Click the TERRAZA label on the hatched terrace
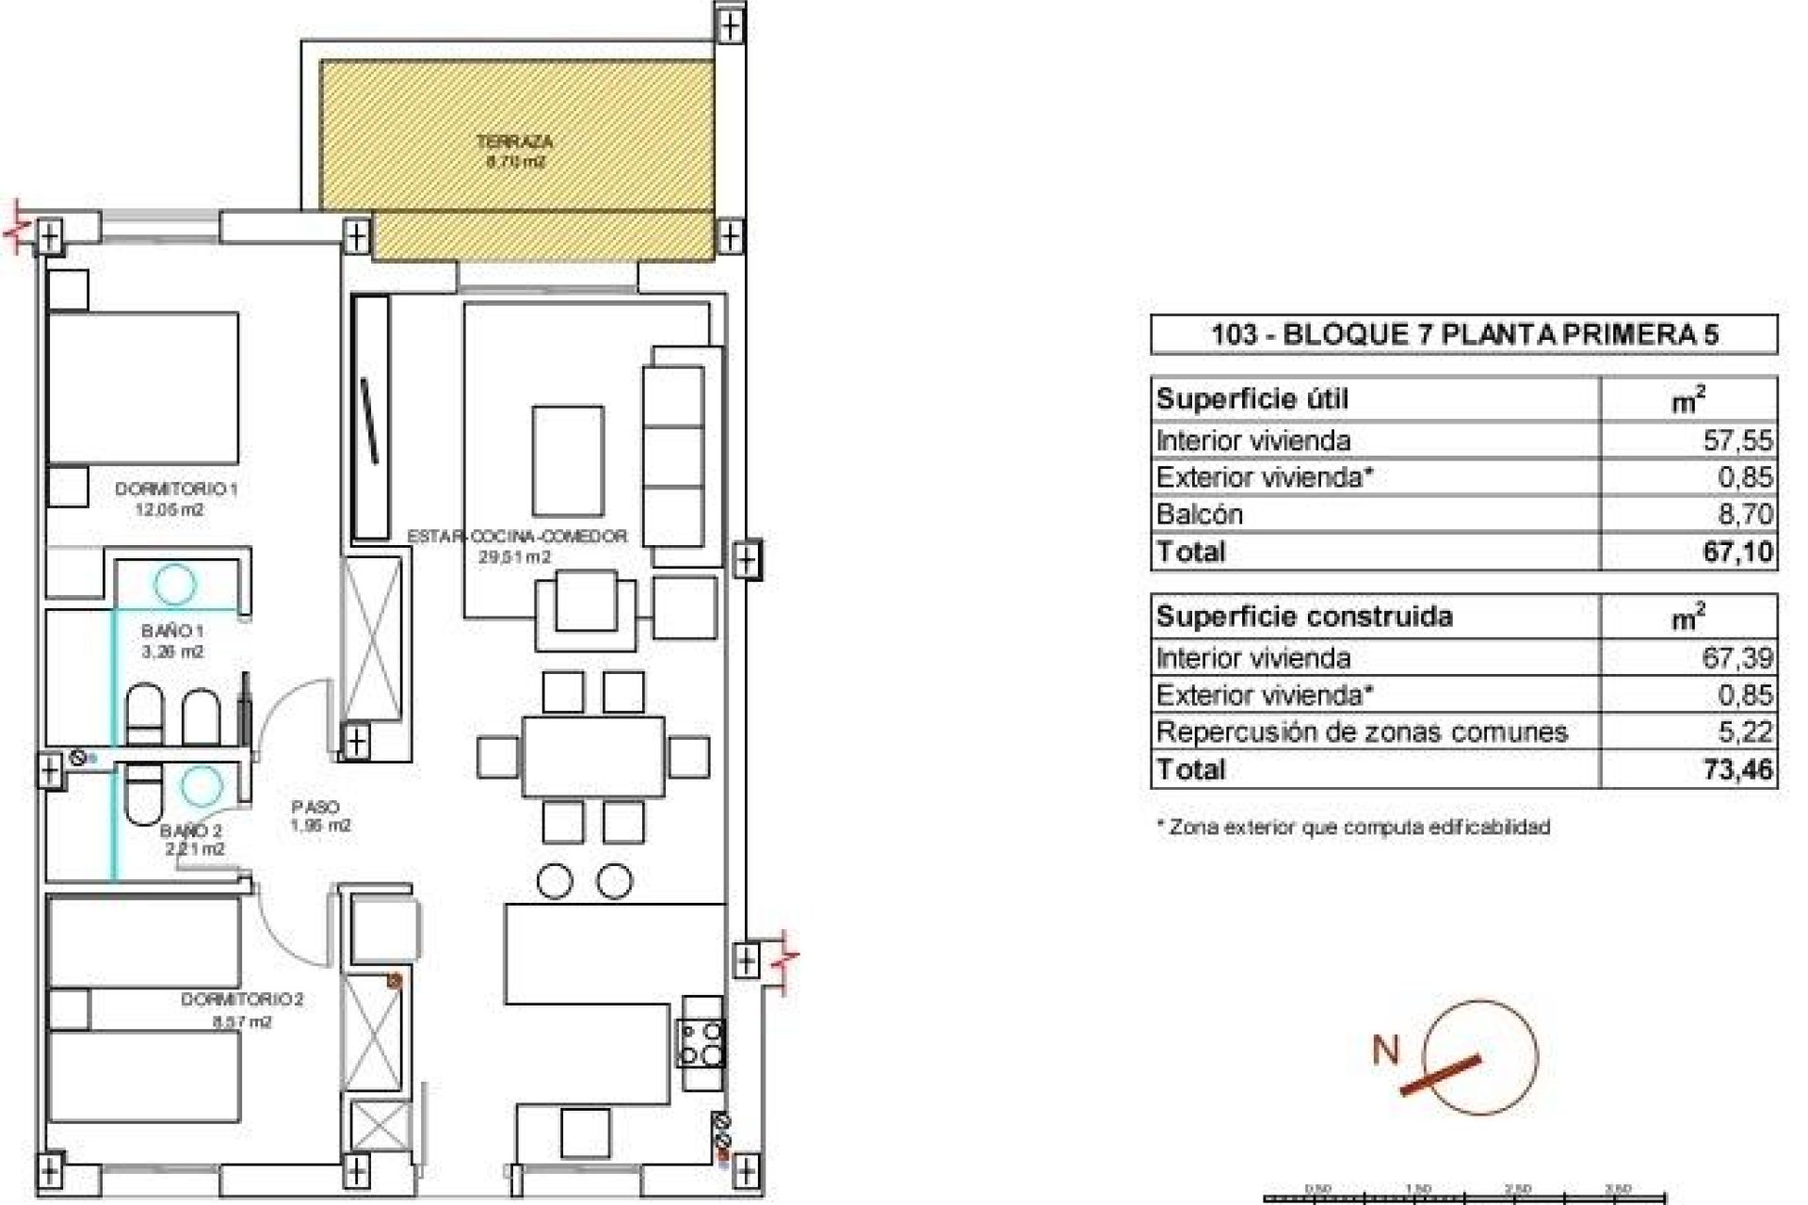click(514, 143)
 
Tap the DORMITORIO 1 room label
click(176, 490)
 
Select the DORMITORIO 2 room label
click(242, 1000)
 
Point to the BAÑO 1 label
click(173, 631)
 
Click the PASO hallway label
click(315, 807)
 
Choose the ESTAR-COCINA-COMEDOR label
click(517, 537)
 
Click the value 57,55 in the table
click(1737, 441)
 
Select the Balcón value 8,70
click(1744, 514)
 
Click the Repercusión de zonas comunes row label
click(1362, 732)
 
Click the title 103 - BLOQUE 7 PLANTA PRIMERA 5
click(1464, 335)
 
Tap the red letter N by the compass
click(1385, 1050)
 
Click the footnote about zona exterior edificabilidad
click(1352, 827)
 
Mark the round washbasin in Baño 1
click(175, 584)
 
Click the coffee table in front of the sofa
click(568, 460)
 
